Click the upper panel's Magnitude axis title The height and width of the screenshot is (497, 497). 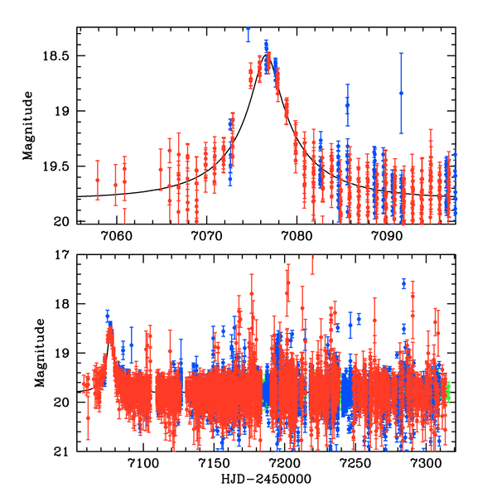(28, 126)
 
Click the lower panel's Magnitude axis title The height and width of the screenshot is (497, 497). (28, 354)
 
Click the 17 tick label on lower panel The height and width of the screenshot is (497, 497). (65, 255)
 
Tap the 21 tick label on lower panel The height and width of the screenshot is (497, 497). (65, 452)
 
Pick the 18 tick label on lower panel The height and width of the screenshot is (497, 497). (65, 305)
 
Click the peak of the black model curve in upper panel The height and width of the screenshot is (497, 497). (267, 55)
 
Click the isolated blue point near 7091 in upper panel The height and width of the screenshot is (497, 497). (401, 93)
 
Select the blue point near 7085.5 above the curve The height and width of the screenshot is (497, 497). (348, 105)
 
